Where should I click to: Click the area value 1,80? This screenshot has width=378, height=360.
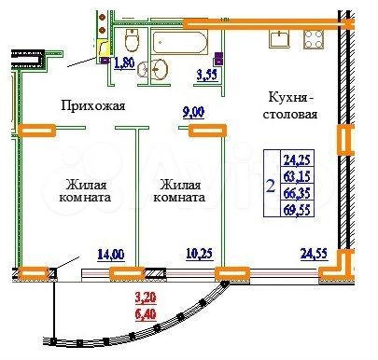click(123, 64)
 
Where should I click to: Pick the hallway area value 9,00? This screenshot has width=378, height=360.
click(193, 114)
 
